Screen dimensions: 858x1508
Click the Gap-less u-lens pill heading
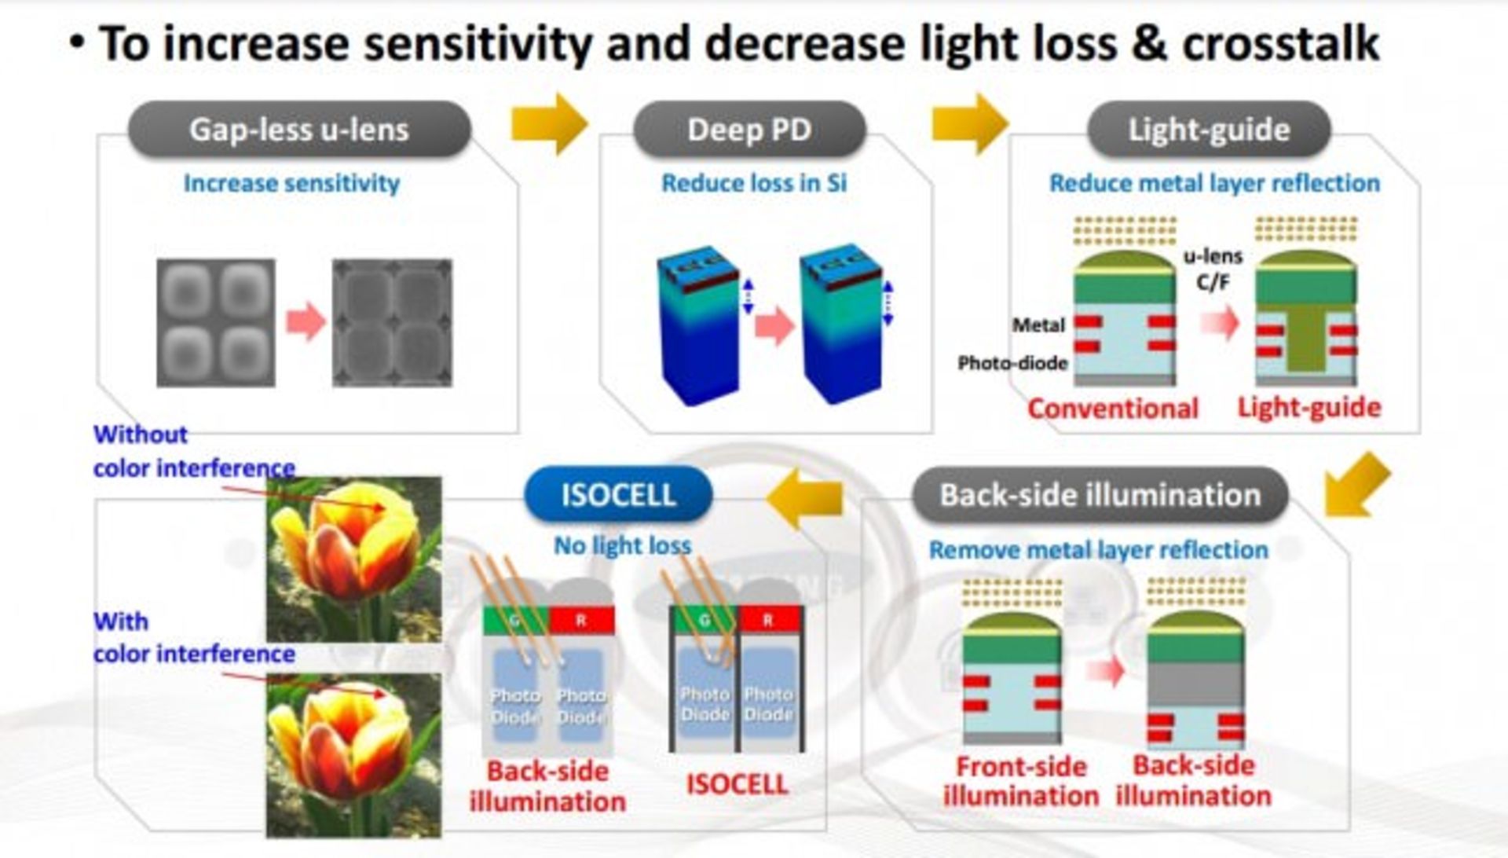point(299,130)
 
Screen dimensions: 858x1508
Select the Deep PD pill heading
point(749,130)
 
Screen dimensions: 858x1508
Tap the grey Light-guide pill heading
point(1209,130)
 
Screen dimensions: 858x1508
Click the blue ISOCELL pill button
point(618,495)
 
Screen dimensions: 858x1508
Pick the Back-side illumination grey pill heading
point(1100,495)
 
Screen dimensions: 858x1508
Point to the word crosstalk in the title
point(1280,43)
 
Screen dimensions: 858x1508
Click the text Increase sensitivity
point(291,183)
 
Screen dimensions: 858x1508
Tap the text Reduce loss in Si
point(754,183)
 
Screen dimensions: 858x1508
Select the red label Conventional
point(1113,409)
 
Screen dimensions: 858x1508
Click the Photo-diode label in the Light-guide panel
point(1012,363)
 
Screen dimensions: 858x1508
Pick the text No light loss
point(623,545)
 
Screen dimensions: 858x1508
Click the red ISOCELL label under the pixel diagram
point(737,784)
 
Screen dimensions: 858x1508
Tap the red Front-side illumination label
point(1020,781)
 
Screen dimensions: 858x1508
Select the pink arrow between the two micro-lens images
point(306,321)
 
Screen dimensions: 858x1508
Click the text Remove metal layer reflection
point(1098,550)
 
